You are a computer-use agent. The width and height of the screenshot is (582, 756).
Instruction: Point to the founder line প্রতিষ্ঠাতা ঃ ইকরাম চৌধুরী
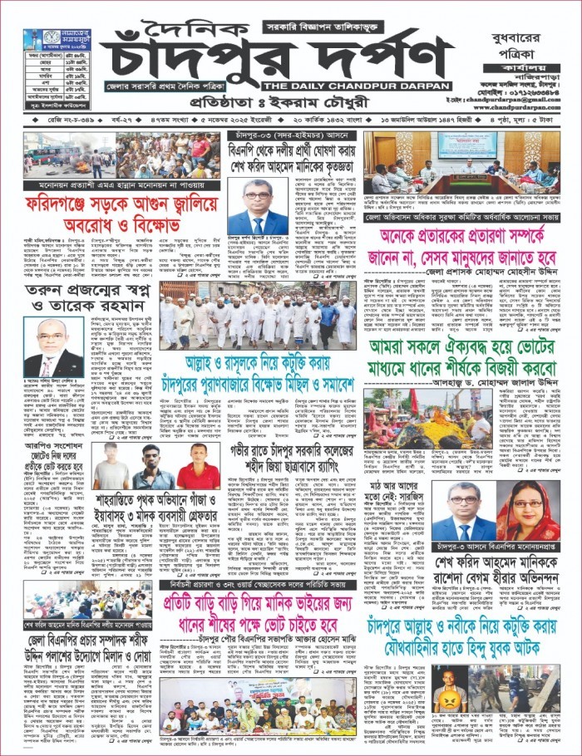click(x=275, y=106)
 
